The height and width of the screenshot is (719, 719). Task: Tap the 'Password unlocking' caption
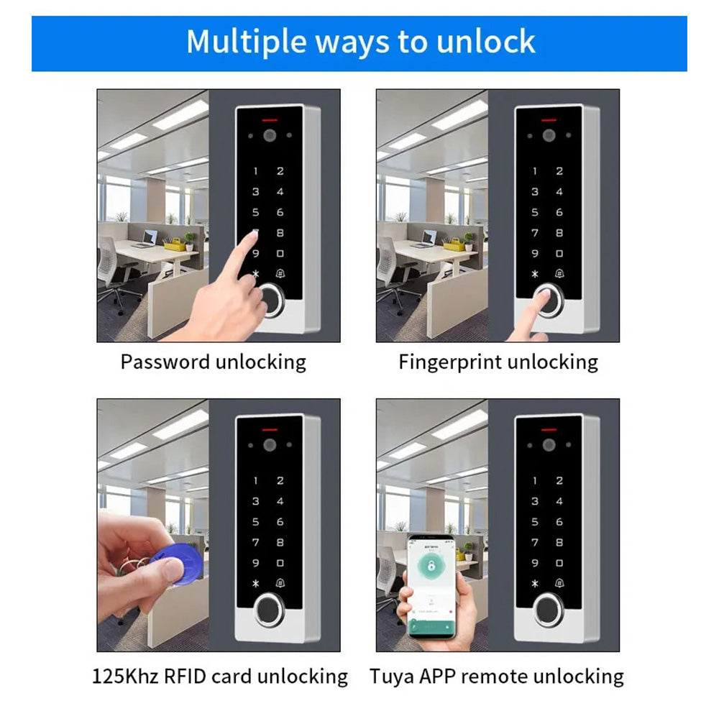pos(213,362)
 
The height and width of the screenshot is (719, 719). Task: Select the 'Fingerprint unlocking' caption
pos(498,362)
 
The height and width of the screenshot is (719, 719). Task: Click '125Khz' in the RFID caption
pos(127,676)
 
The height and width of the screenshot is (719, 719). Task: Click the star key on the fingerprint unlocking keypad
pos(534,274)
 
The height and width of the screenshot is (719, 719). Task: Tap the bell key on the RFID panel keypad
pos(280,584)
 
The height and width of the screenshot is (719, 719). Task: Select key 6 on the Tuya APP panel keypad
pos(559,522)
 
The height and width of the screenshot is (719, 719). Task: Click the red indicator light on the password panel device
pos(270,119)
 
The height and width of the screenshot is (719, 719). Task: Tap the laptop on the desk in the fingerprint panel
pos(429,237)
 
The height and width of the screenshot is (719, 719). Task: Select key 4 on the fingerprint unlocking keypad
pos(559,192)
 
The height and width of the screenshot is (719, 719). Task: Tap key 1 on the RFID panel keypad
pos(255,481)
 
